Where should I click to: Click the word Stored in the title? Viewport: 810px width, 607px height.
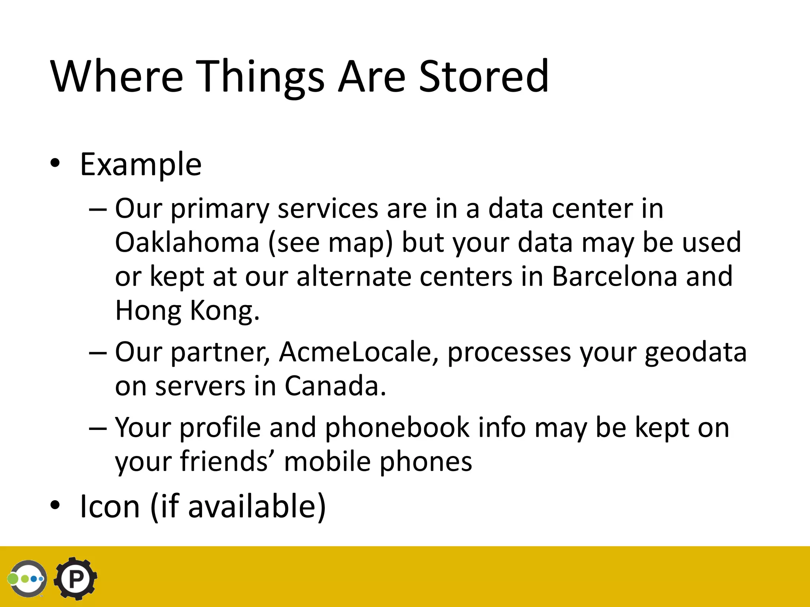483,76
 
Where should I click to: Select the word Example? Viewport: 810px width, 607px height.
141,164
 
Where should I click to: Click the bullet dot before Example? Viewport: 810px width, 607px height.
55,163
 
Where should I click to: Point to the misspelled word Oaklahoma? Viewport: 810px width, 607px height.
187,242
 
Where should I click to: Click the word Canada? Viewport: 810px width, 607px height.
335,386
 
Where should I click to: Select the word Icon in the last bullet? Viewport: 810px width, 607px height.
110,507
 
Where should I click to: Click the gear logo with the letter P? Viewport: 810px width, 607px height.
76,579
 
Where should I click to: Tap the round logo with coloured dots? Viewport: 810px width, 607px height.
28,579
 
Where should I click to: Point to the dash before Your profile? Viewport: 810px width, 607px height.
98,428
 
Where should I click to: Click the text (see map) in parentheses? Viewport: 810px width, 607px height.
331,242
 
